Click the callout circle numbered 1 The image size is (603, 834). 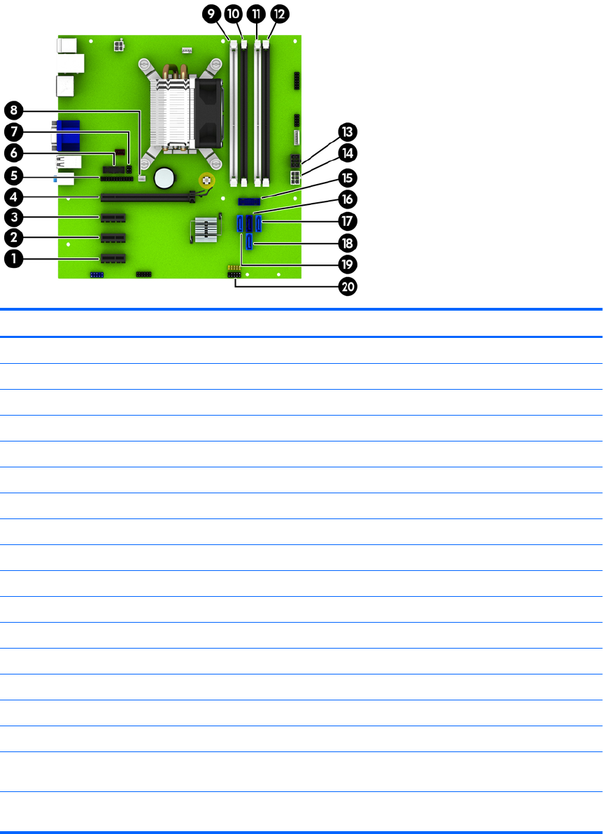(x=13, y=259)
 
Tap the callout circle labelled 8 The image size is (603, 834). (x=13, y=110)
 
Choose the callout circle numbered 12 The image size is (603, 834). (x=279, y=13)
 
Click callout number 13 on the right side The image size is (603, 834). (x=347, y=132)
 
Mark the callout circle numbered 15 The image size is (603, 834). (x=347, y=177)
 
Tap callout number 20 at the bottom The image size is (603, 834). (x=347, y=286)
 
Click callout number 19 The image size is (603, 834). (x=347, y=264)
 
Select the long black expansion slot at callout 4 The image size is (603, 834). (x=146, y=198)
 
